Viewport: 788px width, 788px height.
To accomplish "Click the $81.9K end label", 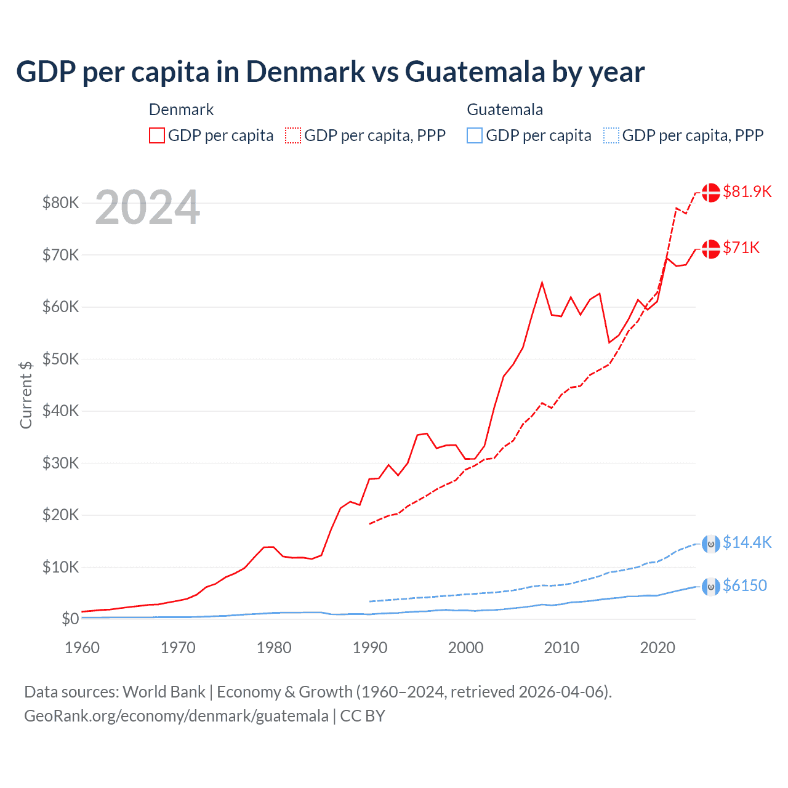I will click(x=747, y=191).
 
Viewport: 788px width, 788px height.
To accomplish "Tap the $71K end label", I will click(x=741, y=247).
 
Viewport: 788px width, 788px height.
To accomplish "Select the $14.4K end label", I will click(x=747, y=542).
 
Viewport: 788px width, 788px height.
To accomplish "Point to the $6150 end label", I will click(x=745, y=585).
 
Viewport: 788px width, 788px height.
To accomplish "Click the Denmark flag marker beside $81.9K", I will click(x=711, y=192).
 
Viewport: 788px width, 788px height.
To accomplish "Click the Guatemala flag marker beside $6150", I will click(x=711, y=587).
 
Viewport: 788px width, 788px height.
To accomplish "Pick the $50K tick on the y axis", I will click(x=60, y=359).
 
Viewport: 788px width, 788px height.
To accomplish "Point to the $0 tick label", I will click(x=70, y=619).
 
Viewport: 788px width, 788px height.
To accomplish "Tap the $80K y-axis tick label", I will click(x=60, y=203).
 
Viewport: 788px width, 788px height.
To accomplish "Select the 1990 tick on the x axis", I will click(x=370, y=648).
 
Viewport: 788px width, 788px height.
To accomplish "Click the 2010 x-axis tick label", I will click(x=561, y=648).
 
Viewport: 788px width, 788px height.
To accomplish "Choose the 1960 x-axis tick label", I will click(x=82, y=648).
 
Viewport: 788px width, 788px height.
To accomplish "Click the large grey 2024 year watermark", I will click(x=148, y=207).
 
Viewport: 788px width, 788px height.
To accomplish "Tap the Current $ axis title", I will click(x=25, y=395).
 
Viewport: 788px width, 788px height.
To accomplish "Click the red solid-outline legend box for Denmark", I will click(x=157, y=135).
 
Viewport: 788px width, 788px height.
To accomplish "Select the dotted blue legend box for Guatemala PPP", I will click(x=611, y=135).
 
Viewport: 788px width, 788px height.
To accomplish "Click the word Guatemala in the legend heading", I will click(x=505, y=110).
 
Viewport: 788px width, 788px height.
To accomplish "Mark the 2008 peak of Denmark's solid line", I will click(x=542, y=283).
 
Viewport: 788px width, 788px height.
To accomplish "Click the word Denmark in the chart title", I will click(x=305, y=71).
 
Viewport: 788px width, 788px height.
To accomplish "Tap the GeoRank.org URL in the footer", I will click(x=176, y=716).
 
